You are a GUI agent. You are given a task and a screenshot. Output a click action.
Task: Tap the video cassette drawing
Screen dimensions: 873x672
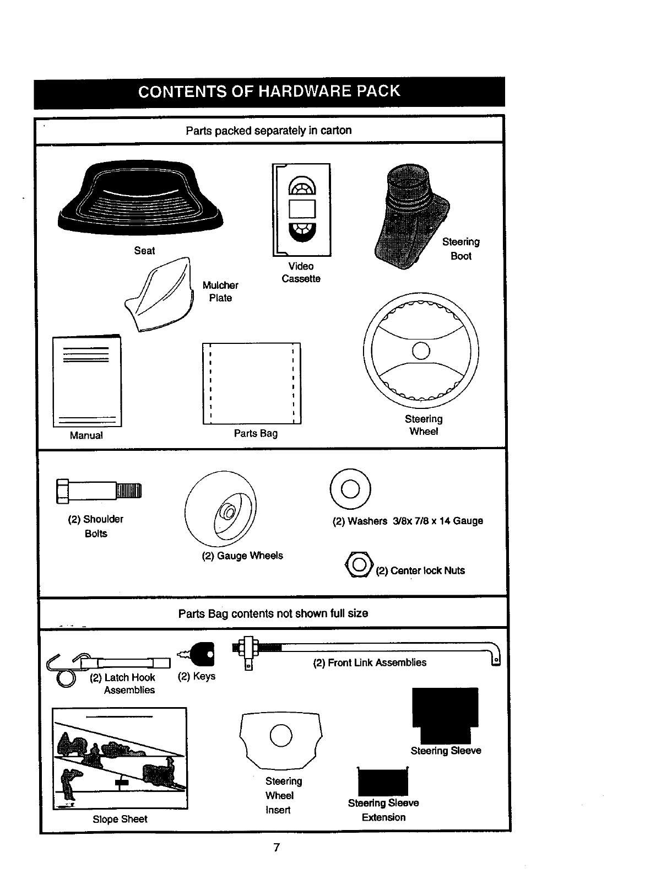(302, 209)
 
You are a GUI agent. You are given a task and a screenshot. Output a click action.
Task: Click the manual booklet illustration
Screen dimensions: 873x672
(87, 381)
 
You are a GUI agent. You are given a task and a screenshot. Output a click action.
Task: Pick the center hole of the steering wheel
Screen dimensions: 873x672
(421, 351)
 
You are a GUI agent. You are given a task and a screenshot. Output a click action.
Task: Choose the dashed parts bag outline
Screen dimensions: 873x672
(252, 384)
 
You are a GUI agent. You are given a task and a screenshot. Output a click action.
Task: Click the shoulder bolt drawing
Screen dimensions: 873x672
(99, 491)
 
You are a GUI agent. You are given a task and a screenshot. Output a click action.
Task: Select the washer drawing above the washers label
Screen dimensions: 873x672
(350, 489)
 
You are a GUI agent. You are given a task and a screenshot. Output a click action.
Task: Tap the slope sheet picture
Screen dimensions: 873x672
(120, 758)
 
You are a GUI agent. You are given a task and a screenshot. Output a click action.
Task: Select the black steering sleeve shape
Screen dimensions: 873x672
(445, 715)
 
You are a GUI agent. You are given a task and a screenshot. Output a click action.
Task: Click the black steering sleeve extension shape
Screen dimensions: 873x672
(383, 782)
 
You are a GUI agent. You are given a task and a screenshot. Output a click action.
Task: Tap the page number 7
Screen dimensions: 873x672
(277, 847)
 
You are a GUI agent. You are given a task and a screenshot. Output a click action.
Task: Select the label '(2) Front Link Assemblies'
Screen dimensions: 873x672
(370, 662)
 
